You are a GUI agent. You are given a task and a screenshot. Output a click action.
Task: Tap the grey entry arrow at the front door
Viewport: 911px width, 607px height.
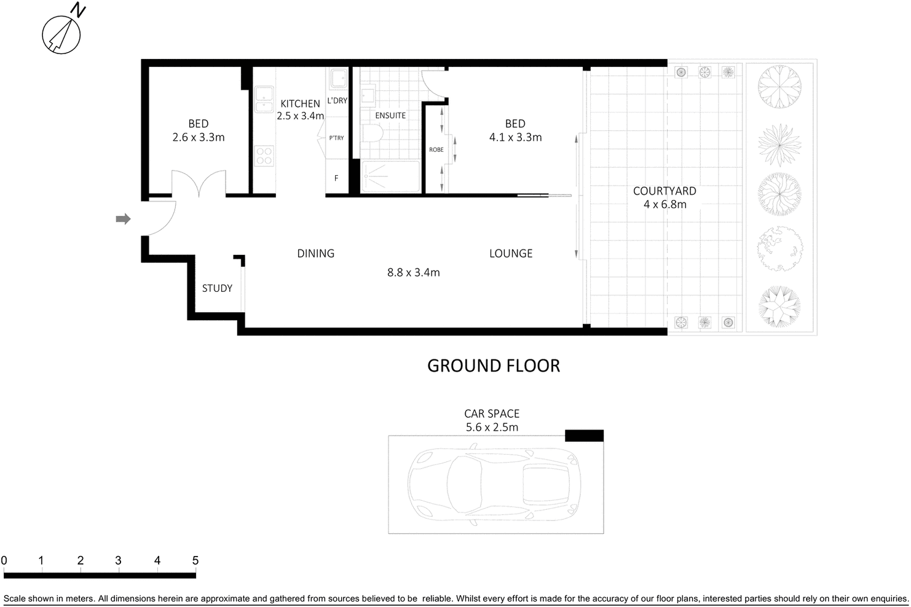coord(124,219)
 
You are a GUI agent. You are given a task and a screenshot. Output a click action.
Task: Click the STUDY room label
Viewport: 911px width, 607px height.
coord(217,288)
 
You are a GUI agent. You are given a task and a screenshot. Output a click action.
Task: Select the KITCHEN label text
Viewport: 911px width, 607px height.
coord(300,104)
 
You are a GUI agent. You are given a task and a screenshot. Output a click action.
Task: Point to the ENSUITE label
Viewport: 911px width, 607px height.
coord(390,116)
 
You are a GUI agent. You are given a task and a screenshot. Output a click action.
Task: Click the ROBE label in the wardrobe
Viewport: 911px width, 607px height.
coord(436,150)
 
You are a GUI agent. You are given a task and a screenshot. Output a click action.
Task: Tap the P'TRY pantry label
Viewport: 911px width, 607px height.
coord(336,138)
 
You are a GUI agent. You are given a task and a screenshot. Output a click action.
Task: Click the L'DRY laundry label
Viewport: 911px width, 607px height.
coord(337,101)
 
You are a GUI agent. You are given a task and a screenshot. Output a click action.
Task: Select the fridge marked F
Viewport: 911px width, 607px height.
coord(336,178)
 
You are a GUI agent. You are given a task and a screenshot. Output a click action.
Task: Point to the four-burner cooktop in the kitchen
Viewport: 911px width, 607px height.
coord(264,155)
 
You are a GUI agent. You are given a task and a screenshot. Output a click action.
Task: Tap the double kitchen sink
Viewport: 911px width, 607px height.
coord(264,98)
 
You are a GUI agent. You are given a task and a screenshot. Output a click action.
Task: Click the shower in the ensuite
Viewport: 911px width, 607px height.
coord(390,177)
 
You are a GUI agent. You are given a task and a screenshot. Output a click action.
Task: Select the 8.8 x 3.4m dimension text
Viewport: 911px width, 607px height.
coord(413,272)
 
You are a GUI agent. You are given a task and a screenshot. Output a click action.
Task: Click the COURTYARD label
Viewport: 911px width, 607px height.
coord(665,191)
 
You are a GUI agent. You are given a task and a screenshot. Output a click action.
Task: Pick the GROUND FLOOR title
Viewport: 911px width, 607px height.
coord(494,366)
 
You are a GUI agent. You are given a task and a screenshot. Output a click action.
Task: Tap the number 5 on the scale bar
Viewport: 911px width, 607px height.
coord(195,560)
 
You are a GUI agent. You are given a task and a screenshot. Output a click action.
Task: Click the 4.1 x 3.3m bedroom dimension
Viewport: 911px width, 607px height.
coord(515,138)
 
